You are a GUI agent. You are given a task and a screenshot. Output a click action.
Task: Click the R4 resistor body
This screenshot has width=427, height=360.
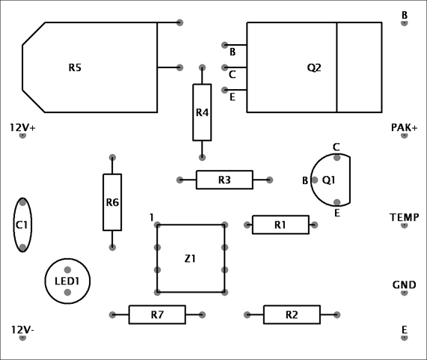click(202, 112)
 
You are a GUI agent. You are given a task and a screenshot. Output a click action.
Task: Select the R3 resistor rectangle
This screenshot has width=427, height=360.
click(224, 180)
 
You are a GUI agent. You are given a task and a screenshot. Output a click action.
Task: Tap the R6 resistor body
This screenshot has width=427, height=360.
click(112, 202)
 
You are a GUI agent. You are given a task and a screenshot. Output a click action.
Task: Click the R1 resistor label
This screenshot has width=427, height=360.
click(280, 225)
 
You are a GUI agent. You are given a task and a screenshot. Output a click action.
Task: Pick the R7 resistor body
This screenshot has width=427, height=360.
click(157, 315)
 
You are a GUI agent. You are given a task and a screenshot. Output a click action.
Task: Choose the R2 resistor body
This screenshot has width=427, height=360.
click(292, 315)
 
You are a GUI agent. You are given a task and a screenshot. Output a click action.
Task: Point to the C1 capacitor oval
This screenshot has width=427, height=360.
click(14, 225)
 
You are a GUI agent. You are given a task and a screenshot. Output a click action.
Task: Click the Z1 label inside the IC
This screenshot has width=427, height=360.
click(190, 259)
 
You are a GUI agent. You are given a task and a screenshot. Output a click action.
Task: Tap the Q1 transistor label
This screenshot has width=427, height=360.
click(328, 180)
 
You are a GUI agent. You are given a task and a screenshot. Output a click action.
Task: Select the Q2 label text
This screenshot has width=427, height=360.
click(314, 67)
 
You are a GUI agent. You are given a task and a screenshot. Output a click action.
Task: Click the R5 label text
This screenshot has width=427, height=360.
click(75, 67)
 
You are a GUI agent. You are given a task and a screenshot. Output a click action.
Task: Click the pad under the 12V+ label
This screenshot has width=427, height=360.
click(22, 135)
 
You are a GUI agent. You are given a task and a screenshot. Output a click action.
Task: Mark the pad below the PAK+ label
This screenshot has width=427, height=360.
click(404, 135)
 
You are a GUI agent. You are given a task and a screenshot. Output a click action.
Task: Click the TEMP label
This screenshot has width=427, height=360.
click(405, 217)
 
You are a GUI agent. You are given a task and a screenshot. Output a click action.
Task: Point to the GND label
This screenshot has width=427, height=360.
click(405, 285)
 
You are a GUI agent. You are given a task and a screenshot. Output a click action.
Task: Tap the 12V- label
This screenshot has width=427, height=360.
click(22, 330)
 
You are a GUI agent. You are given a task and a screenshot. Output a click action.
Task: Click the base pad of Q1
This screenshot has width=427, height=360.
click(315, 180)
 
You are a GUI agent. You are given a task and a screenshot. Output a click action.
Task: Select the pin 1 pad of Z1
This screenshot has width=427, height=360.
click(157, 225)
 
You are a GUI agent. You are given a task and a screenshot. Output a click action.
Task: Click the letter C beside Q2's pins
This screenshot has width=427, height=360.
click(232, 74)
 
